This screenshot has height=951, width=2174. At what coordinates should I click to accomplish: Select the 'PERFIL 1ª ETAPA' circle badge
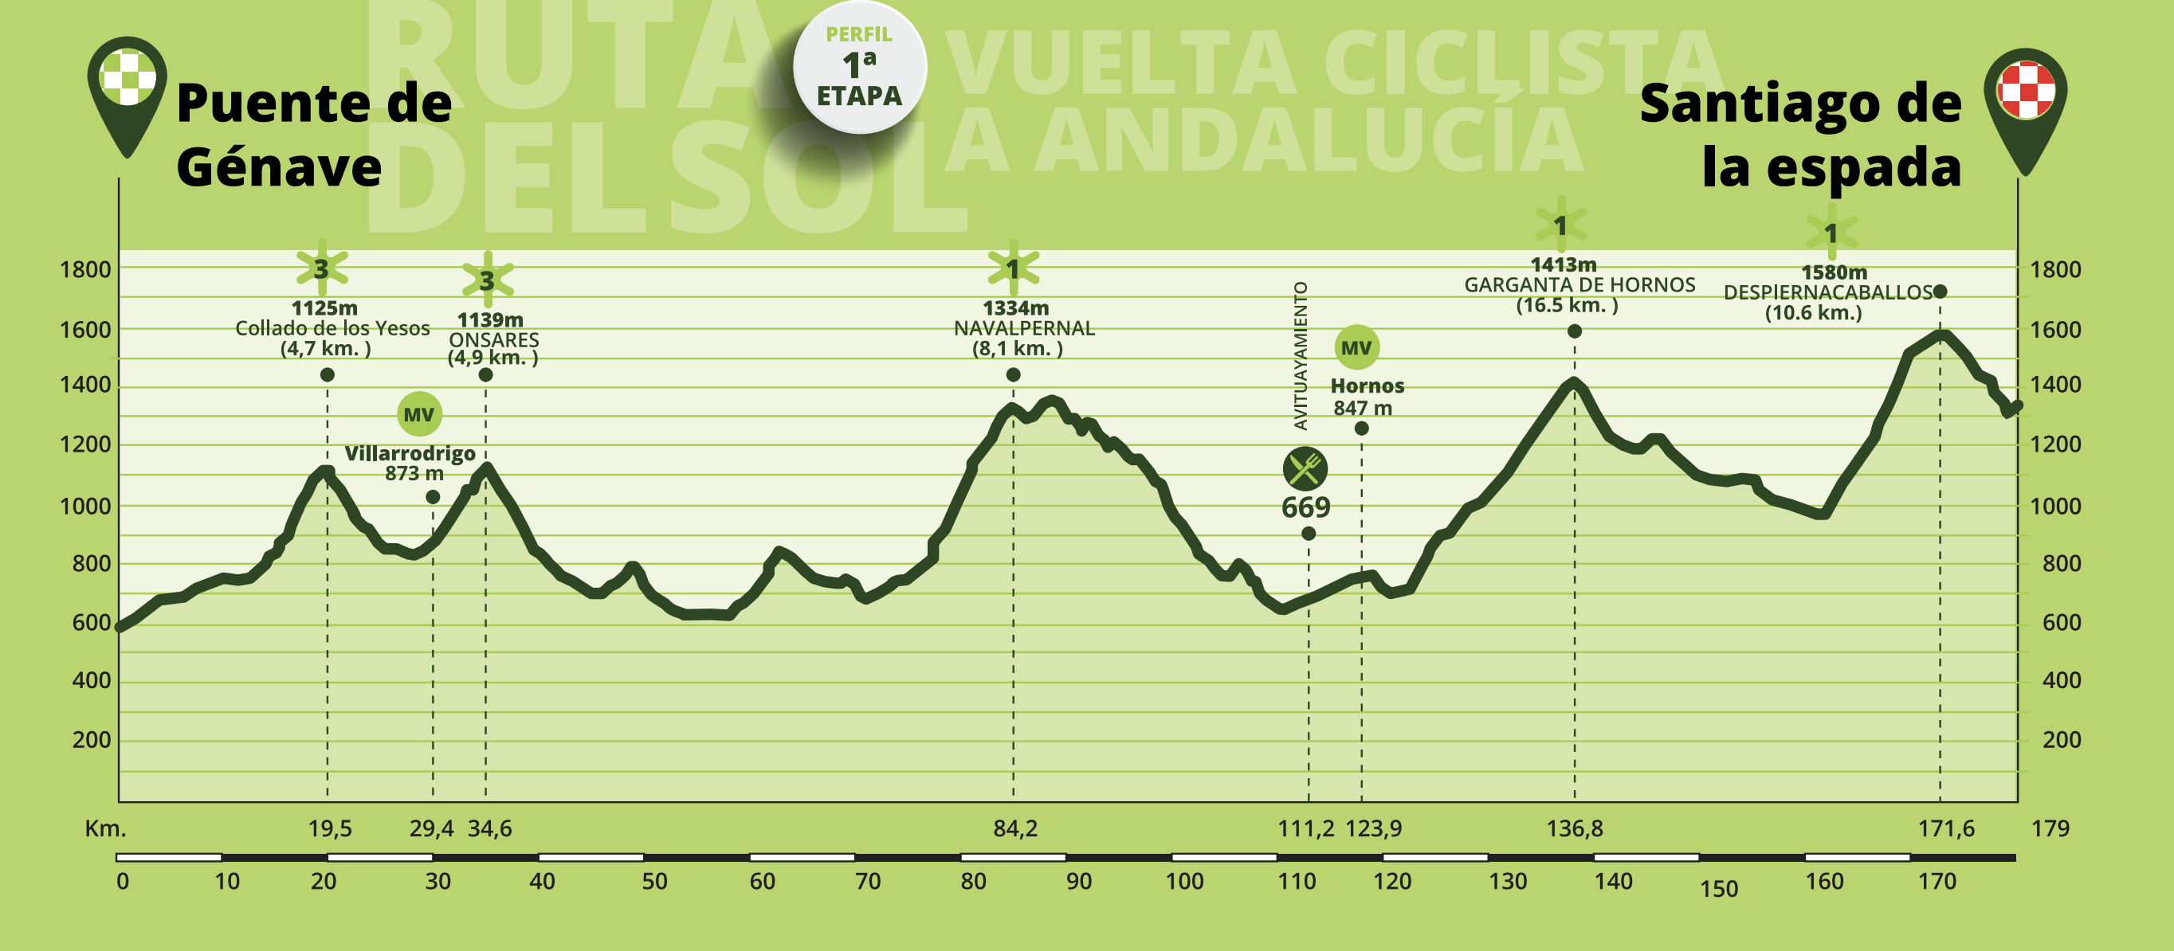tap(859, 68)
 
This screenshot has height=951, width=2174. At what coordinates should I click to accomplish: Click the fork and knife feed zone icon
tap(1305, 469)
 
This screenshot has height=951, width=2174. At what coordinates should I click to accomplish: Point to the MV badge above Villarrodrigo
tap(419, 414)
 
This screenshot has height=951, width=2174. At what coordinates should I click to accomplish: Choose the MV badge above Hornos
tap(1356, 346)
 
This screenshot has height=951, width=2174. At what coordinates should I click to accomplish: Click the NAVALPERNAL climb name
tap(1024, 328)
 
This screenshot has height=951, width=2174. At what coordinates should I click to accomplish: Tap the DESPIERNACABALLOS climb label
tap(1827, 293)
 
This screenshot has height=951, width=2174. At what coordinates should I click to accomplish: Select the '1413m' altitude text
tap(1563, 264)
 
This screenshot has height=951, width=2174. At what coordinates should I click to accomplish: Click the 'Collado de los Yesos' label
tap(332, 328)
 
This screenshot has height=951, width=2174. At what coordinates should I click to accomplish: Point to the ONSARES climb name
tap(494, 339)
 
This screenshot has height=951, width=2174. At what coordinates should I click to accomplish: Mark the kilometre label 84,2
tap(1015, 828)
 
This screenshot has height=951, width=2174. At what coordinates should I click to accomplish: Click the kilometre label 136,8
tap(1574, 828)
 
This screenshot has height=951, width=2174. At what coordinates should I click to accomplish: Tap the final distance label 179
tap(2050, 828)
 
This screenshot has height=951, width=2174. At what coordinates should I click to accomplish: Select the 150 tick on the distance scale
tap(1719, 890)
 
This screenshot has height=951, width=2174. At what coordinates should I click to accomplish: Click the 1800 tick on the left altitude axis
tap(85, 270)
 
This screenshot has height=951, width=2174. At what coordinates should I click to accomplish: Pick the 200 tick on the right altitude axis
tap(2062, 740)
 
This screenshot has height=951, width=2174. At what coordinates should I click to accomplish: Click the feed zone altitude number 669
tap(1305, 507)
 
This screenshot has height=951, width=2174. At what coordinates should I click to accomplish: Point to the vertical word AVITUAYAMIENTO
tap(1301, 356)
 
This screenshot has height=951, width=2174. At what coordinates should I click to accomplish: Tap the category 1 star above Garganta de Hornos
tap(1560, 225)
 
